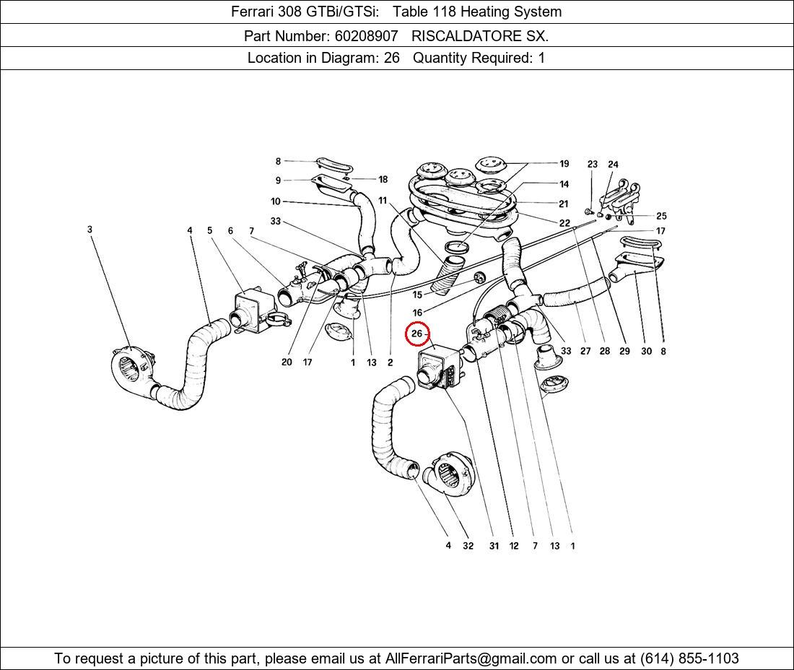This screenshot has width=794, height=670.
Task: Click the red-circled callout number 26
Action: pos(417,334)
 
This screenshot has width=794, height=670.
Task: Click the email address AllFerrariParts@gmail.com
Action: pos(471,658)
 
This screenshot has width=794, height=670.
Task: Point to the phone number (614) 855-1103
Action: pos(689,658)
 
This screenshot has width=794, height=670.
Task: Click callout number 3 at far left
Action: pos(90,230)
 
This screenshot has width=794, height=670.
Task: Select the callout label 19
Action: pos(564,164)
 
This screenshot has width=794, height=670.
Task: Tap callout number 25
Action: pos(661,216)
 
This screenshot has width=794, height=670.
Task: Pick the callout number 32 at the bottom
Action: pos(468,546)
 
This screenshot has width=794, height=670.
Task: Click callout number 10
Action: pos(276,201)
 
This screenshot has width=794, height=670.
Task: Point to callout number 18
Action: pos(383,179)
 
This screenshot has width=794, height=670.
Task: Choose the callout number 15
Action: pos(417,295)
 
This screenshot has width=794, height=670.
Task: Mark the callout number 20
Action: pos(287,362)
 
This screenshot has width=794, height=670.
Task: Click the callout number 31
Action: pos(494,546)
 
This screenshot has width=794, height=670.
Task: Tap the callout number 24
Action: pos(613,165)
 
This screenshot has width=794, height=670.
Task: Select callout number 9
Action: pos(278,180)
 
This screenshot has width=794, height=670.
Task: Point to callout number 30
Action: pos(646,351)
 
